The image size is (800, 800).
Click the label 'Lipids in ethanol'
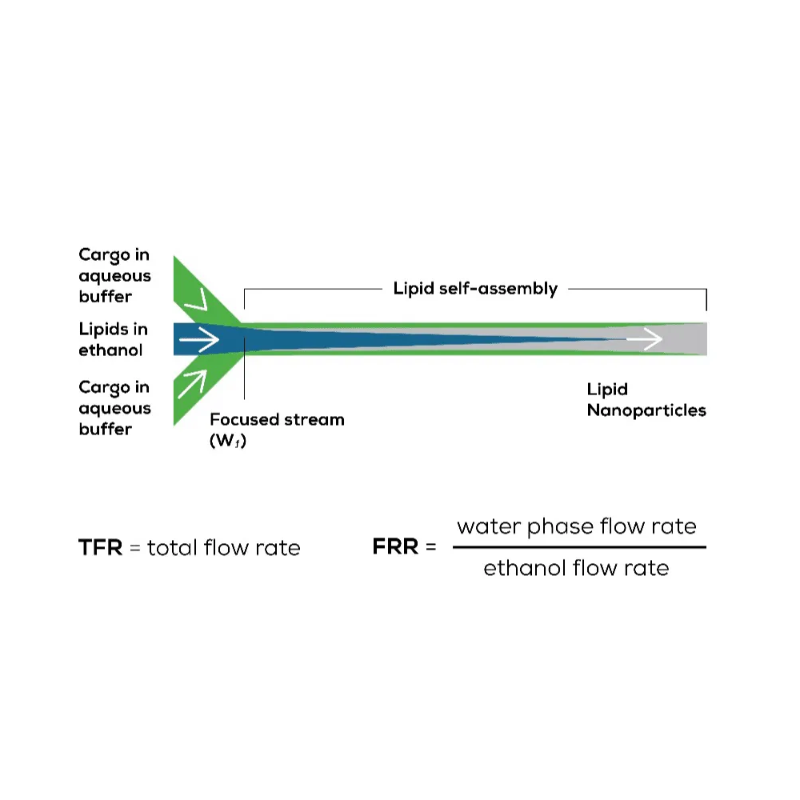point(113,339)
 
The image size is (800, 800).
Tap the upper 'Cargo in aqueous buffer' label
point(114,275)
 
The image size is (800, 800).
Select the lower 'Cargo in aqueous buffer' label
point(114,408)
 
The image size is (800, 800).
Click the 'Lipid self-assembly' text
point(475,289)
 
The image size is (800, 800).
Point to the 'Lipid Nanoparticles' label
point(646,400)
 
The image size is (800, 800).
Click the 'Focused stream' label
point(277,419)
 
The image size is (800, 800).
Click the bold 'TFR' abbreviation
point(100,548)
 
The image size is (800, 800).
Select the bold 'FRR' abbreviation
point(396,548)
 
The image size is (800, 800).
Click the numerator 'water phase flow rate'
point(577,526)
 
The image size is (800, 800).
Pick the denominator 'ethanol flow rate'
point(576,569)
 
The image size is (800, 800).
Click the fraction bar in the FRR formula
point(579,547)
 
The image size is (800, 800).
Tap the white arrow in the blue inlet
point(198,341)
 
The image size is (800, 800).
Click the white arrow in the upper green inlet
point(196,301)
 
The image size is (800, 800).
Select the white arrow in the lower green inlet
point(192,382)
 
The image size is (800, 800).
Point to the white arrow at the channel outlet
point(645,340)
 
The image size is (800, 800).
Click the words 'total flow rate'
point(223,548)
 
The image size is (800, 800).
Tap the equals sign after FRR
point(431,549)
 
